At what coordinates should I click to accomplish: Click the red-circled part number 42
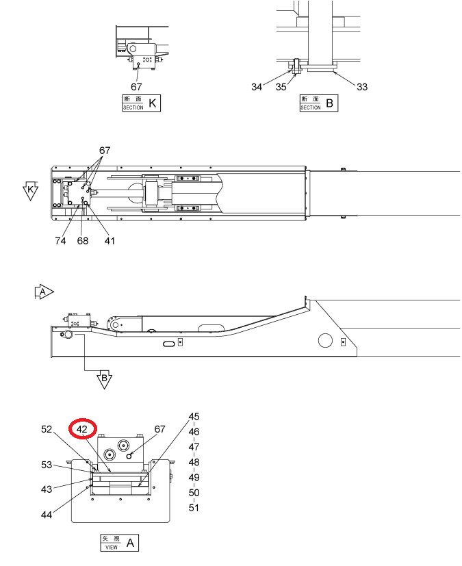pyautogui.click(x=82, y=429)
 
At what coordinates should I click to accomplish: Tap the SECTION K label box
pyautogui.click(x=141, y=103)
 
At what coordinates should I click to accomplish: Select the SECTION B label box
pyautogui.click(x=319, y=103)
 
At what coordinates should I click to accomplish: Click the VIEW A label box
pyautogui.click(x=120, y=543)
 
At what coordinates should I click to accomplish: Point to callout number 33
pyautogui.click(x=362, y=87)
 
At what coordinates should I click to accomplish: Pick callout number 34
pyautogui.click(x=257, y=87)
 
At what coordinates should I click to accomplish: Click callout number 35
pyautogui.click(x=281, y=87)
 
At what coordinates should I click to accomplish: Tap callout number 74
pyautogui.click(x=61, y=241)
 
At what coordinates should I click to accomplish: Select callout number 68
pyautogui.click(x=83, y=241)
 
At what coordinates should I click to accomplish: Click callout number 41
pyautogui.click(x=110, y=241)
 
